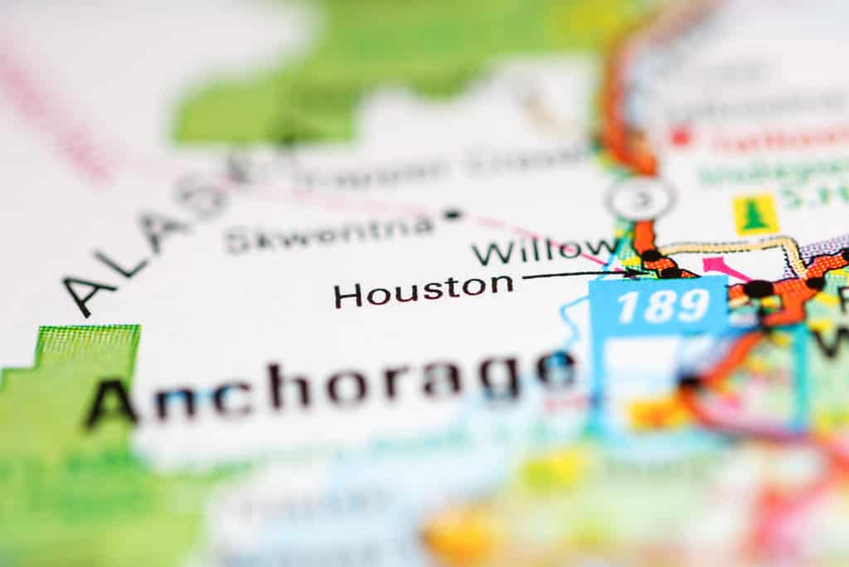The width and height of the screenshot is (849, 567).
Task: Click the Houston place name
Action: coord(423,291)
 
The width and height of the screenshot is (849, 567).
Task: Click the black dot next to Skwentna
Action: coord(452,214)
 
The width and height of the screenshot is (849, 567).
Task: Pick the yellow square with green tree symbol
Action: coord(755,215)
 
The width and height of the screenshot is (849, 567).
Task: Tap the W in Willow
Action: coord(491,252)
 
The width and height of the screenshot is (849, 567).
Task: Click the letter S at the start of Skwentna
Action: coord(235,242)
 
